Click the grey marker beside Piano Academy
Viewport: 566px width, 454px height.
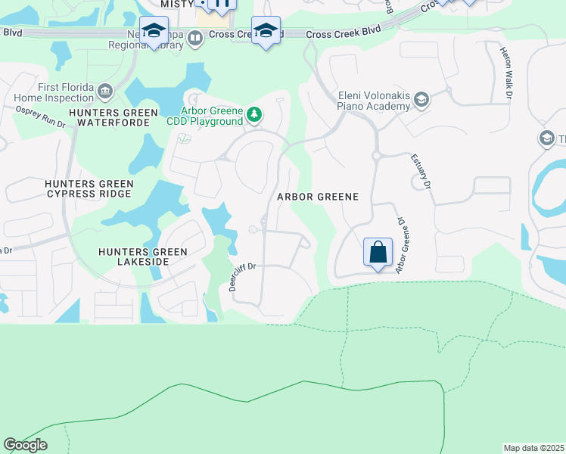pyautogui.click(x=421, y=100)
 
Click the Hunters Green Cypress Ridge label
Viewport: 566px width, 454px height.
pyautogui.click(x=89, y=188)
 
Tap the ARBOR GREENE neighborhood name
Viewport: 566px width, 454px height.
pyautogui.click(x=316, y=196)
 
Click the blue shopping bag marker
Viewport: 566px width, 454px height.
pyautogui.click(x=378, y=251)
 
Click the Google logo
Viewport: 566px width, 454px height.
pyautogui.click(x=25, y=445)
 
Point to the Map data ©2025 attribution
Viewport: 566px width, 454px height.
pyautogui.click(x=533, y=448)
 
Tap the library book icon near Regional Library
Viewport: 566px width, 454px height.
pyautogui.click(x=195, y=38)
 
